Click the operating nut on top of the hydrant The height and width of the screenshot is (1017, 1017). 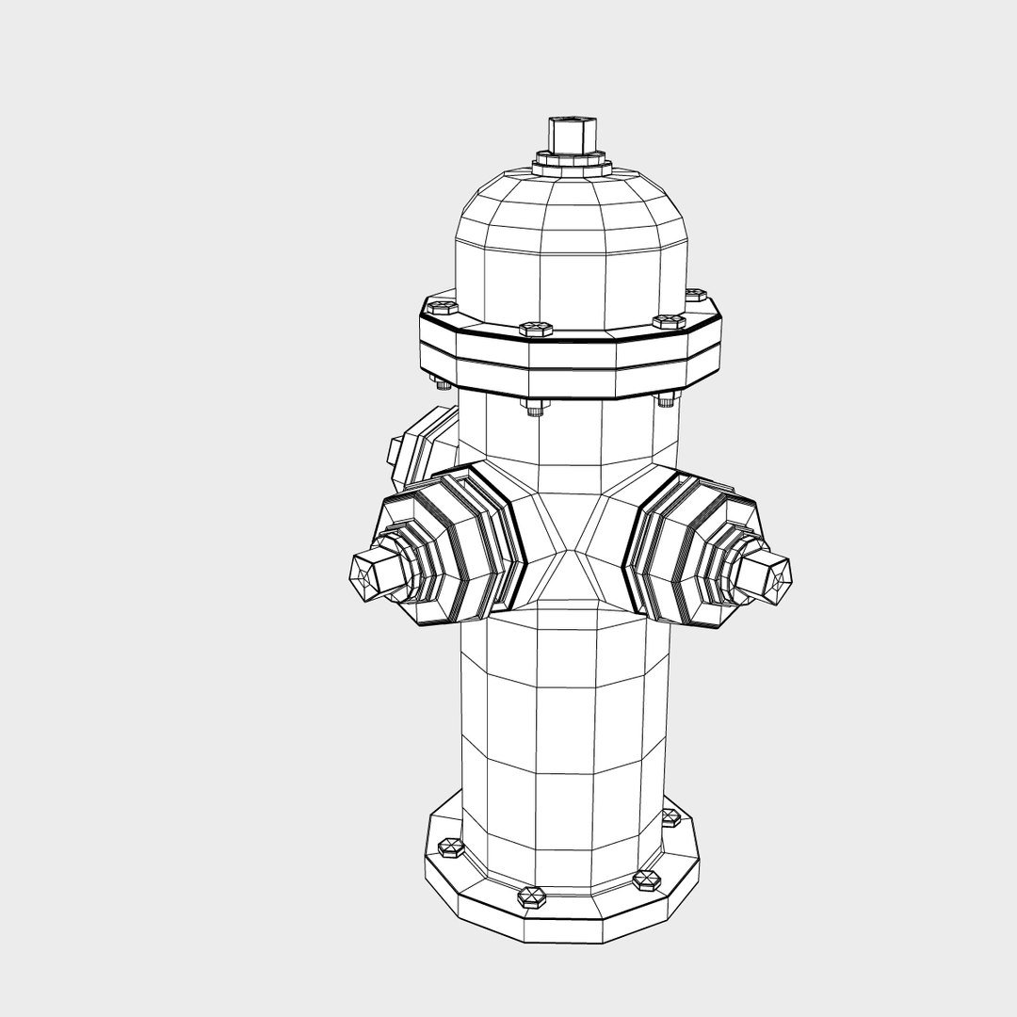566,136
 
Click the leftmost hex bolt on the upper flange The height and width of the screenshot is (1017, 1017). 440,307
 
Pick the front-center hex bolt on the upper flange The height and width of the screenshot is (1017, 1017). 535,329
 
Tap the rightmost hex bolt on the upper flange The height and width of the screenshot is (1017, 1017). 696,296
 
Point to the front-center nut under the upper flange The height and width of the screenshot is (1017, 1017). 534,406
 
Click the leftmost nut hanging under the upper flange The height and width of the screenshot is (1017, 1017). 441,382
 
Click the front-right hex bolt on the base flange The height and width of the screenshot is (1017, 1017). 647,880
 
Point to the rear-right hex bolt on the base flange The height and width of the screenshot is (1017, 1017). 671,816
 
